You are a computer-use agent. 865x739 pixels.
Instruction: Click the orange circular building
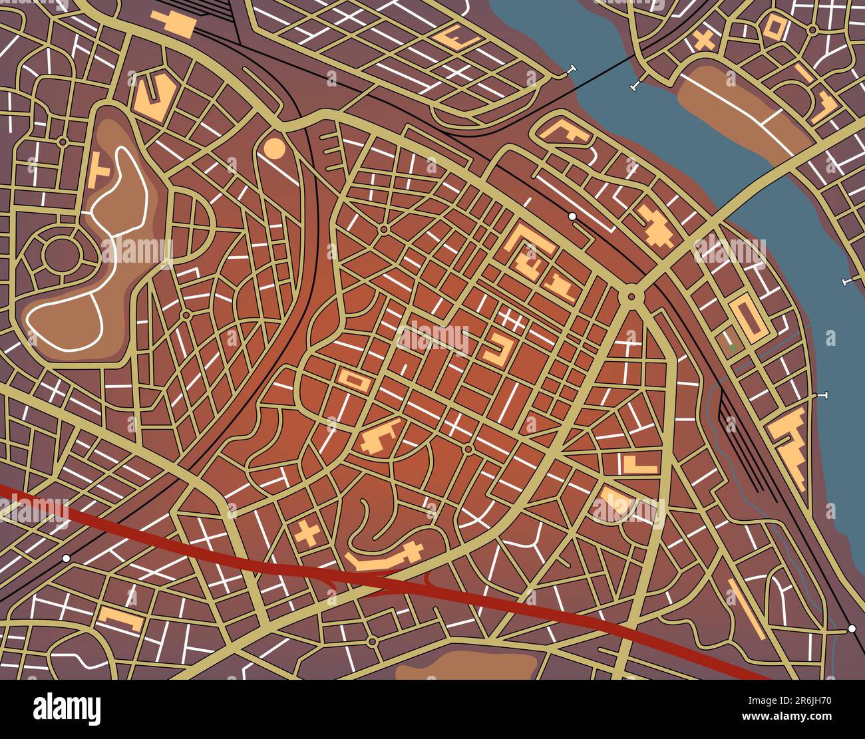pos(274,148)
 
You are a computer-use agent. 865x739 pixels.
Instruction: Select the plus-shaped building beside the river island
pos(703,41)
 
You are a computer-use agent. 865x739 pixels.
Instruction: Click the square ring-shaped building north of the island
pos(777,27)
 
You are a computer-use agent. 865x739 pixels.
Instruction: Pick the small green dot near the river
pos(733,347)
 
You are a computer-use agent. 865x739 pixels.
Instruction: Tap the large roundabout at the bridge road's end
pos(629,295)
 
